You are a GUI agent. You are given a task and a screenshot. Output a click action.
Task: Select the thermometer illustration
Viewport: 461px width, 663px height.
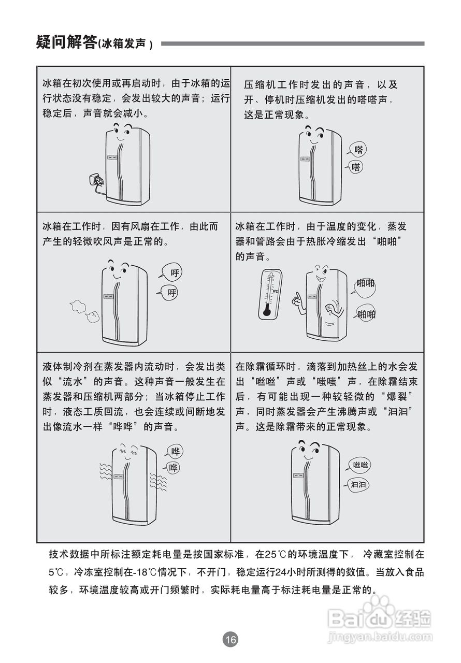270,293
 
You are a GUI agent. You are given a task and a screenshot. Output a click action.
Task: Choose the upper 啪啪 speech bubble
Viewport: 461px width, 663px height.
366,283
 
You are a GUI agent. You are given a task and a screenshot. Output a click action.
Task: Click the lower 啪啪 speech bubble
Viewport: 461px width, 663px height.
366,314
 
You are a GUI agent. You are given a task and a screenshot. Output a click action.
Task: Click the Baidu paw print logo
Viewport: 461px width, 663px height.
380,608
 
